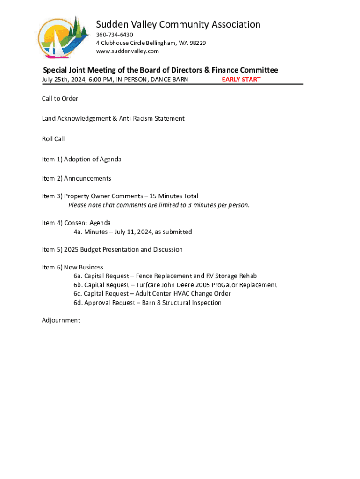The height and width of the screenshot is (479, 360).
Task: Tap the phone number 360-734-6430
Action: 115,35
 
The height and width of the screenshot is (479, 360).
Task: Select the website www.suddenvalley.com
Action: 127,51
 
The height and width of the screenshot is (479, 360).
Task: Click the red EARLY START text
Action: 241,80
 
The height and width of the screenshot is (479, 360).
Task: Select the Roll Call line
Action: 53,139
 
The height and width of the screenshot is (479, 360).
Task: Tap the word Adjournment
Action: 61,320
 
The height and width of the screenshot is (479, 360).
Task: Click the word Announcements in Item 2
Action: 87,178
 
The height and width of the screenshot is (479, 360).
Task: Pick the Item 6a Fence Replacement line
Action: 165,276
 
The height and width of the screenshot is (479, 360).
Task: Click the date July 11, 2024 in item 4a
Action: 124,232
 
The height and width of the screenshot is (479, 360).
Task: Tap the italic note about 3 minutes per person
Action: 159,205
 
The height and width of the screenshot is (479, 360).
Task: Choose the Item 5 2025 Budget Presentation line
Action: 112,250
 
